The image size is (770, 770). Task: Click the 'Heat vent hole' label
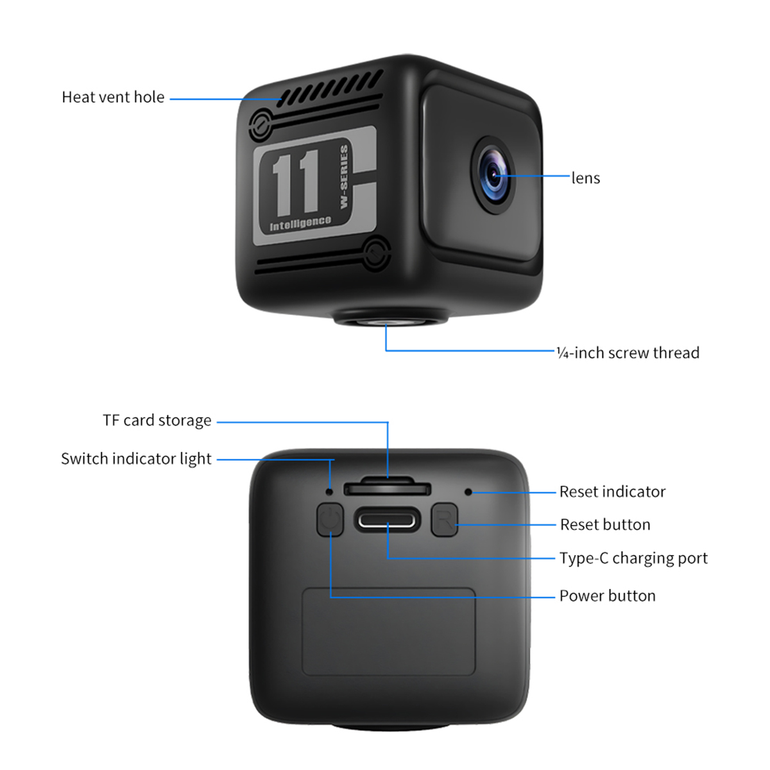pyautogui.click(x=113, y=98)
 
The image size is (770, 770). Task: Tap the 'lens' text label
pyautogui.click(x=586, y=178)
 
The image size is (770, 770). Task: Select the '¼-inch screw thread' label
pyautogui.click(x=628, y=353)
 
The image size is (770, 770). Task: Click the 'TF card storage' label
pyautogui.click(x=157, y=420)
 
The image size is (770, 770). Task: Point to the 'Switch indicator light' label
pyautogui.click(x=136, y=459)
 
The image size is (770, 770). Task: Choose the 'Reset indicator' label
pyautogui.click(x=612, y=492)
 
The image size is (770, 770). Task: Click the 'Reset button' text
pyautogui.click(x=605, y=525)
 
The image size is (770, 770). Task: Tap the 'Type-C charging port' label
pyautogui.click(x=633, y=558)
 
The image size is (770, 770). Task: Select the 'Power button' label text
pyautogui.click(x=607, y=596)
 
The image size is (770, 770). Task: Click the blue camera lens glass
pyautogui.click(x=493, y=175)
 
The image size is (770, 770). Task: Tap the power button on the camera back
pyautogui.click(x=330, y=519)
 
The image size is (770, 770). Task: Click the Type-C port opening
pyautogui.click(x=388, y=520)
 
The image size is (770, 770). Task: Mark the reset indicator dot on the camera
pyautogui.click(x=468, y=492)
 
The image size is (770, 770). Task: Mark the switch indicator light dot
pyautogui.click(x=330, y=492)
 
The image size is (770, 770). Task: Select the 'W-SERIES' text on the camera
pyautogui.click(x=343, y=176)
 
